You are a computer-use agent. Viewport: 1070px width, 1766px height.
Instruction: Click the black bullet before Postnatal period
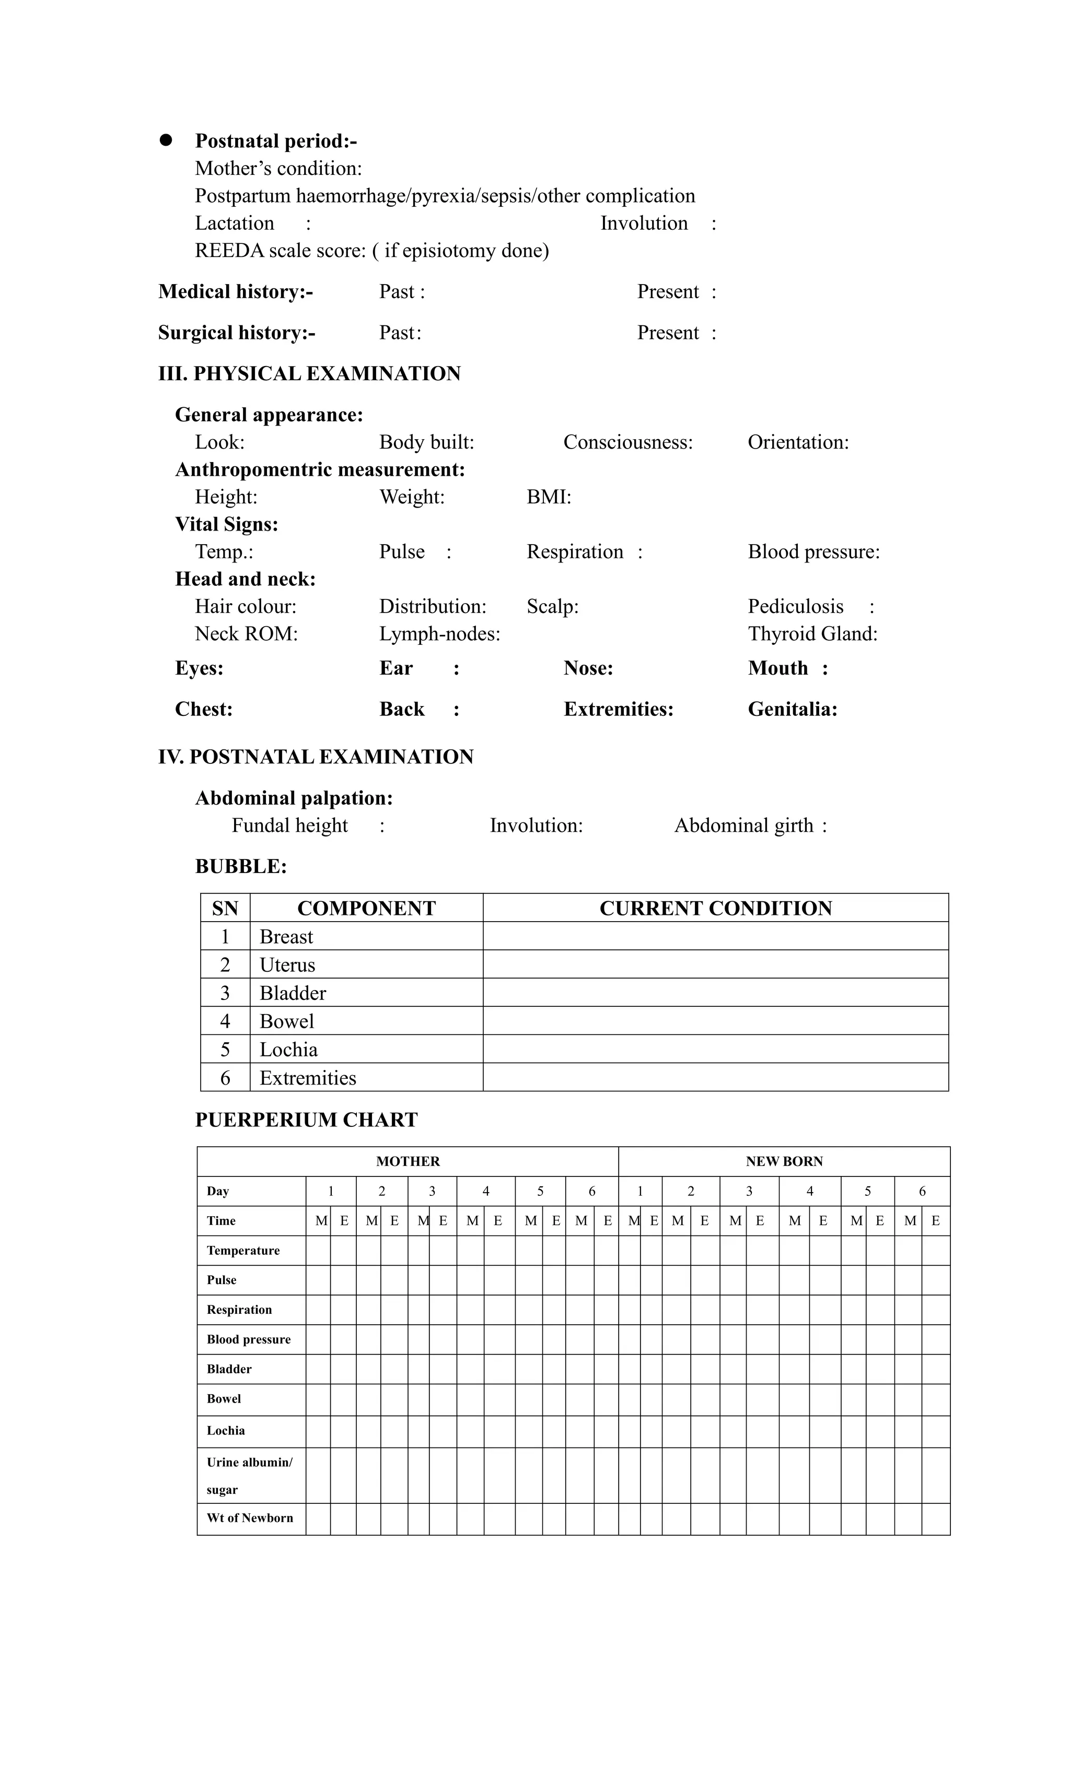(166, 140)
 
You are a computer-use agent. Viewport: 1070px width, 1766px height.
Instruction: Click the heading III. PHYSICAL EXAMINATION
(309, 373)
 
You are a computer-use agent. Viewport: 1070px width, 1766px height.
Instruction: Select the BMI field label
(549, 497)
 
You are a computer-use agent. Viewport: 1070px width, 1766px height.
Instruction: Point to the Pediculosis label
(795, 606)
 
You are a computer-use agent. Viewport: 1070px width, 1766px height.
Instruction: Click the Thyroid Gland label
(812, 633)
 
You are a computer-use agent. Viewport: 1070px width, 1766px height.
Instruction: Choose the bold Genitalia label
(793, 709)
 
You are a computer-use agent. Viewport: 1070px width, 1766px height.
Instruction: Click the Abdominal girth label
(743, 826)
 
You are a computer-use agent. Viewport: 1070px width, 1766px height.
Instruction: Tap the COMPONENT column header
(366, 908)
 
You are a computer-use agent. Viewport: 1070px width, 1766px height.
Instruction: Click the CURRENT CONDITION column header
(716, 908)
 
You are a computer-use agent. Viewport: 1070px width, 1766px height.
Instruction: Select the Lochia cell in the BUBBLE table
(288, 1049)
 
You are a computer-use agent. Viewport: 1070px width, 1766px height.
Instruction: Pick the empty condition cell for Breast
(716, 936)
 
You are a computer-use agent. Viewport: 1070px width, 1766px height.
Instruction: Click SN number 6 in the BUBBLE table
(225, 1078)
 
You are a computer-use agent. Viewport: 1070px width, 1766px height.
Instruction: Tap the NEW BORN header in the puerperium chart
(784, 1161)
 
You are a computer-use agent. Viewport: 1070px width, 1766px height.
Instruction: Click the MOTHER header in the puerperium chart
(408, 1161)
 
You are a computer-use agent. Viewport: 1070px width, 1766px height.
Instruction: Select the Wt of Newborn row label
(250, 1517)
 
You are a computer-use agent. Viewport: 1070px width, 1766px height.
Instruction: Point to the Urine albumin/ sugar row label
(250, 1476)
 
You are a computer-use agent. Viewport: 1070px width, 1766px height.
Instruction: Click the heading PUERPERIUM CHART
(306, 1120)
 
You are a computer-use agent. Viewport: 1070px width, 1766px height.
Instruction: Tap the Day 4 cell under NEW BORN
(810, 1191)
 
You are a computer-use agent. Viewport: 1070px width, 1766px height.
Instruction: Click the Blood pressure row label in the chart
(249, 1339)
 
